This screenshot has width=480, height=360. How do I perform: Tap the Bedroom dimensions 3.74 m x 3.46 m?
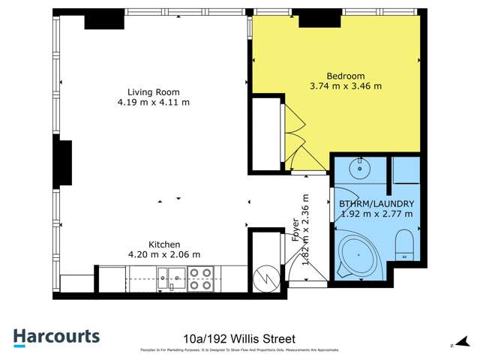[346, 86]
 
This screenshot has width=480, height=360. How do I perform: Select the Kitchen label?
[163, 244]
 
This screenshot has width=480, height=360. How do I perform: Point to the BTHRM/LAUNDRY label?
[376, 204]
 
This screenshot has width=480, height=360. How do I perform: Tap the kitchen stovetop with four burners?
[201, 279]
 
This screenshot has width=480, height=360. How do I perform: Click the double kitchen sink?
[172, 279]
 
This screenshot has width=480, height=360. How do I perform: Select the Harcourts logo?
[56, 337]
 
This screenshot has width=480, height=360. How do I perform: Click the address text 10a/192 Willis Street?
[239, 338]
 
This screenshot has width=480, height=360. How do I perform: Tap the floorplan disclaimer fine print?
[239, 350]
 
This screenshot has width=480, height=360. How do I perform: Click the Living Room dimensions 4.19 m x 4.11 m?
[153, 102]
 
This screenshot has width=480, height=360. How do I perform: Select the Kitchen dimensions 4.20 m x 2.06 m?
[163, 254]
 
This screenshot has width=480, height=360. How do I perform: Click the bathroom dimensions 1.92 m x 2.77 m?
[376, 214]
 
